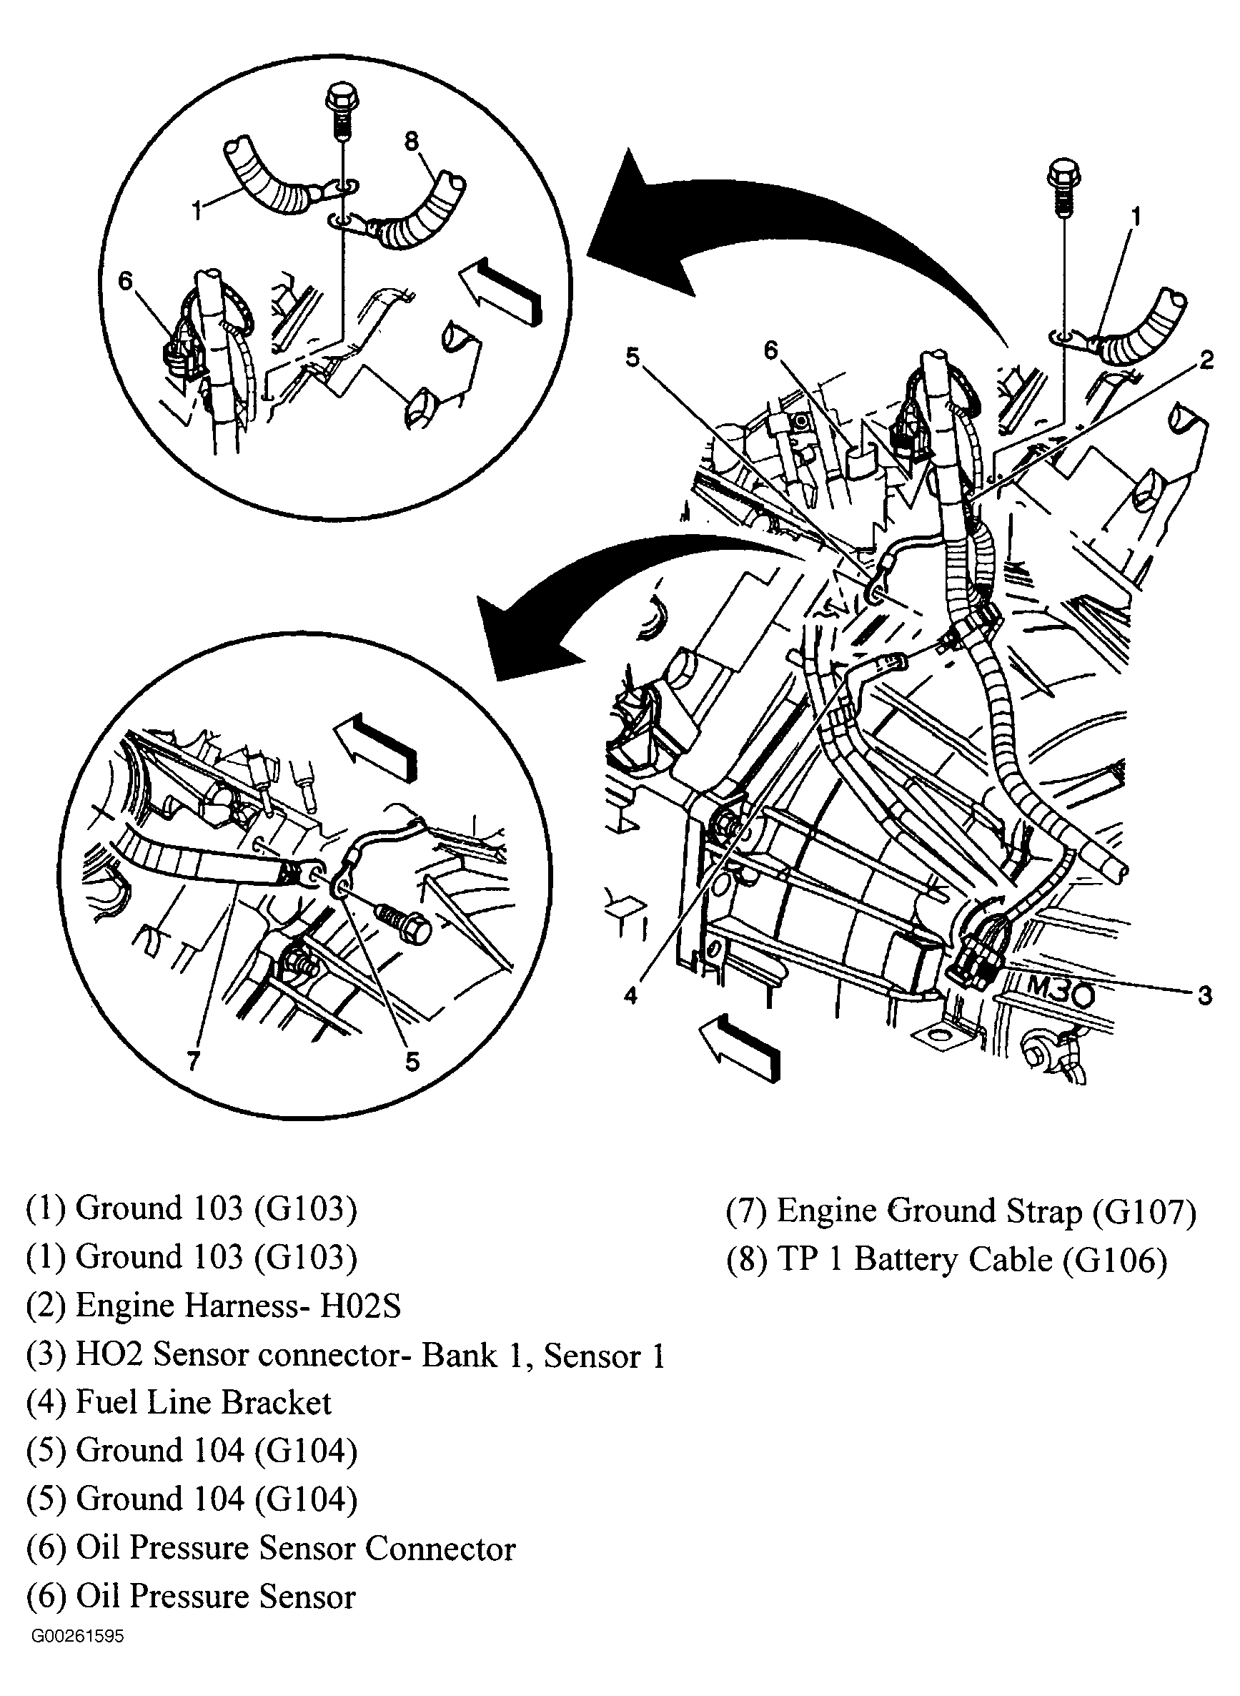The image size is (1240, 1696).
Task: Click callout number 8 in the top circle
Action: tap(412, 141)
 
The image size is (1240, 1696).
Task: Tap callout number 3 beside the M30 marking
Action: tap(1205, 995)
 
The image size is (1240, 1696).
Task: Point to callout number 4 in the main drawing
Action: tap(630, 996)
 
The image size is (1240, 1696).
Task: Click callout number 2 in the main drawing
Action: tap(1206, 360)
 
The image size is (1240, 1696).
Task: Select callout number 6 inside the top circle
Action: tap(125, 281)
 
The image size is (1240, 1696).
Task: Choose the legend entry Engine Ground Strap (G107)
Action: tap(961, 1211)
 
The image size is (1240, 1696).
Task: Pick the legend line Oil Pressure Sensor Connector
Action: tap(270, 1548)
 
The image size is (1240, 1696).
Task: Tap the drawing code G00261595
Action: tap(77, 1635)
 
